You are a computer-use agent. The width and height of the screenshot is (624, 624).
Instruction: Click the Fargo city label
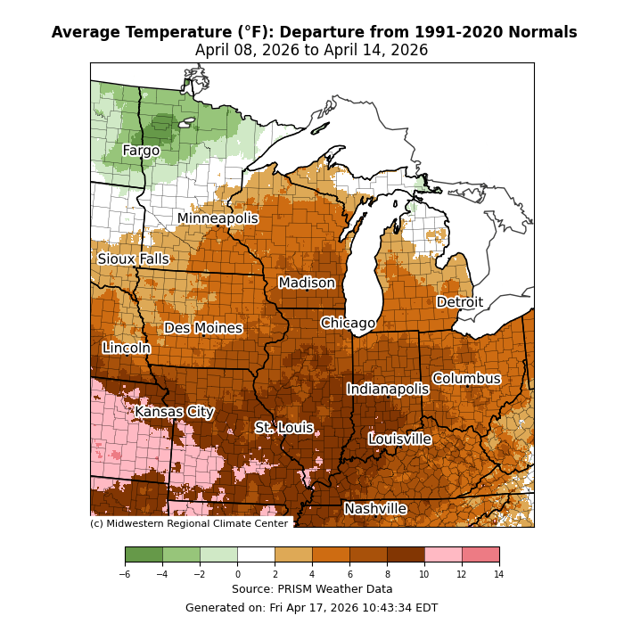141,151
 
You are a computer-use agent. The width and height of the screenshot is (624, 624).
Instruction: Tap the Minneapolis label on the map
218,218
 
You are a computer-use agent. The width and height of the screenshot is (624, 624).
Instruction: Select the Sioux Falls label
133,259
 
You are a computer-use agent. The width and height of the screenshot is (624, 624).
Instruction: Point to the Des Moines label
203,328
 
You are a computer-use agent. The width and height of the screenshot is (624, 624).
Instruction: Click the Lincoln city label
127,348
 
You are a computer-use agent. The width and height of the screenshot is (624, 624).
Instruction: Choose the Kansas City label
175,412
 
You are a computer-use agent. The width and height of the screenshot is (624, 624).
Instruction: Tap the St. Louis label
284,428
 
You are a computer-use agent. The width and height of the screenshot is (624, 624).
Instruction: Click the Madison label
307,283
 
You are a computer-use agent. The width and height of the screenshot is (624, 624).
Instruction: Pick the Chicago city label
348,323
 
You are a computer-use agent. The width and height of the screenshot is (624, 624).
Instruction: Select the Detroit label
460,302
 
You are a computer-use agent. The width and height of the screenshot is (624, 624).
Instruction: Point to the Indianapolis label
388,389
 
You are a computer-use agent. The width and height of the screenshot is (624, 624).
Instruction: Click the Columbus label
466,379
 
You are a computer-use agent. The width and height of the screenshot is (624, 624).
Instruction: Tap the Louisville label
400,439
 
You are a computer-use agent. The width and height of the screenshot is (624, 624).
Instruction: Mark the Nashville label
375,509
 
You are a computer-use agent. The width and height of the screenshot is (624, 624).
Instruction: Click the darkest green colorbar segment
144,554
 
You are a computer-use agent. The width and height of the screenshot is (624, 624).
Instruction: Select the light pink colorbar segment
443,554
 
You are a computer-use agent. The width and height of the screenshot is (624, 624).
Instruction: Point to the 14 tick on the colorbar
498,575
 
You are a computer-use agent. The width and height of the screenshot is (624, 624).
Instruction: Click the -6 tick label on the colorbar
125,575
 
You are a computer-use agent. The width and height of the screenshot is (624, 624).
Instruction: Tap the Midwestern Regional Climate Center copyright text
189,523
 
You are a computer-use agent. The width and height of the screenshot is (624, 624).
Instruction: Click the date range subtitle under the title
312,51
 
